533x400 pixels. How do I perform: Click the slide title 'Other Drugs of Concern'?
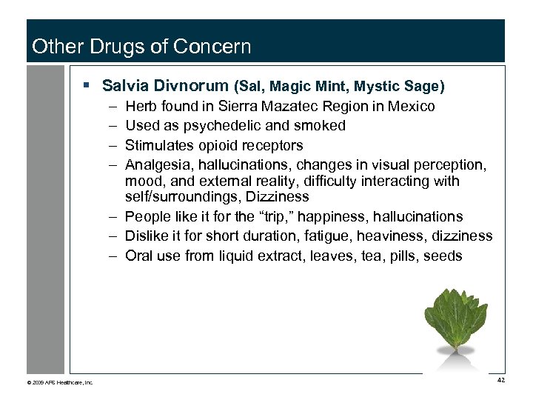[141, 47]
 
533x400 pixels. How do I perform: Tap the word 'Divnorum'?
[192, 86]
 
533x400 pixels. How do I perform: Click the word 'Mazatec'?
[303, 106]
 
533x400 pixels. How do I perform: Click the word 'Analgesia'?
[158, 164]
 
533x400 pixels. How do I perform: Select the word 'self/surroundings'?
[181, 197]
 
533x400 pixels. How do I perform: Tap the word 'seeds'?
[442, 256]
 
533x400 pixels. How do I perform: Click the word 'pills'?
[400, 256]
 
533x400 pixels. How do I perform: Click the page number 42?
[501, 380]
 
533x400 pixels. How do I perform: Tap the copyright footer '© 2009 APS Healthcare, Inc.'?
[60, 382]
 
